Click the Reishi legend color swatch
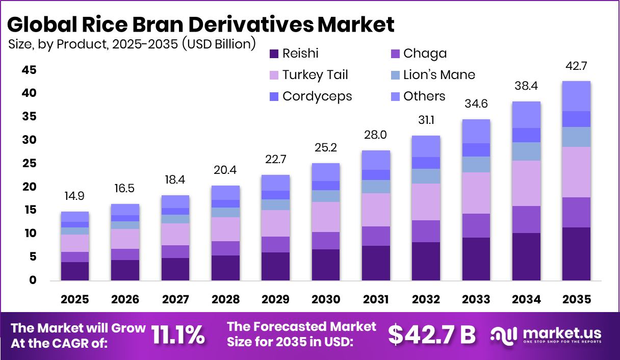(x=274, y=53)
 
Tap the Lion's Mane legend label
(x=438, y=75)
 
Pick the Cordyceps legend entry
(x=317, y=96)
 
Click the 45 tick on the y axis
(x=29, y=70)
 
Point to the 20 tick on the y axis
(x=29, y=187)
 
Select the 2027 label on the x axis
(x=175, y=300)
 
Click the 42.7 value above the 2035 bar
(x=576, y=66)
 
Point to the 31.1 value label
(x=426, y=121)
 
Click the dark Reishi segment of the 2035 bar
(x=576, y=253)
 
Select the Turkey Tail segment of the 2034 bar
(x=526, y=183)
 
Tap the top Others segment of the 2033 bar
(x=476, y=131)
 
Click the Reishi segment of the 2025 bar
(x=74, y=271)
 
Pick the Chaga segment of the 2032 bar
(x=426, y=231)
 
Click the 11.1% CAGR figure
(x=178, y=335)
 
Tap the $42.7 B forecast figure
(x=431, y=335)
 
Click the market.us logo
(x=546, y=335)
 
